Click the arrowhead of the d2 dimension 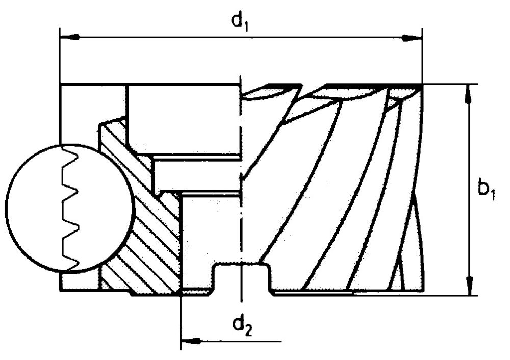coord(190,340)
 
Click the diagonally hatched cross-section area coord(148,240)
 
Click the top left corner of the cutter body coord(61,84)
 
